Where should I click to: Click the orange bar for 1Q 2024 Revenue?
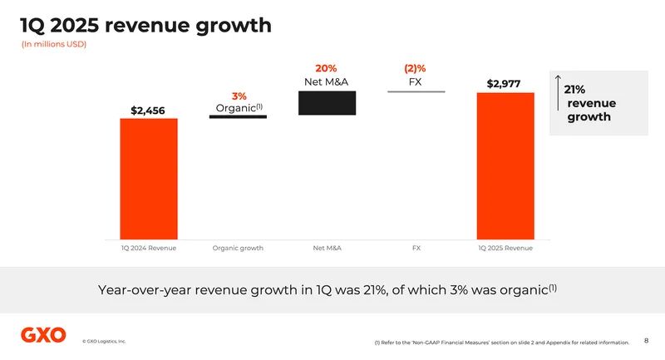(149, 178)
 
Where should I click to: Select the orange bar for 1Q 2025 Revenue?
(505, 165)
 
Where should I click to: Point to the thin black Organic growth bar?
(238, 117)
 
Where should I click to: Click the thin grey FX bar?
(416, 91)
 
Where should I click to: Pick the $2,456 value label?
(148, 110)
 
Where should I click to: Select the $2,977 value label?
(505, 83)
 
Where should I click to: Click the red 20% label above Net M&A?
(326, 68)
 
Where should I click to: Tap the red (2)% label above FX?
(415, 68)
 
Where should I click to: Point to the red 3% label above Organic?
(239, 96)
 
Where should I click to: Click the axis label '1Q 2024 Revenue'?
(149, 248)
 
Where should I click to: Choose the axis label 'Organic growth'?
(238, 248)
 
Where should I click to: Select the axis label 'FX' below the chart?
(416, 248)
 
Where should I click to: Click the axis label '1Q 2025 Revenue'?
(505, 248)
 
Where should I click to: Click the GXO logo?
(43, 335)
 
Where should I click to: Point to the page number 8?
(647, 339)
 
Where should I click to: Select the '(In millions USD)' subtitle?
(54, 44)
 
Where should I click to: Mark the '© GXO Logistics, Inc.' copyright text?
(104, 341)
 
